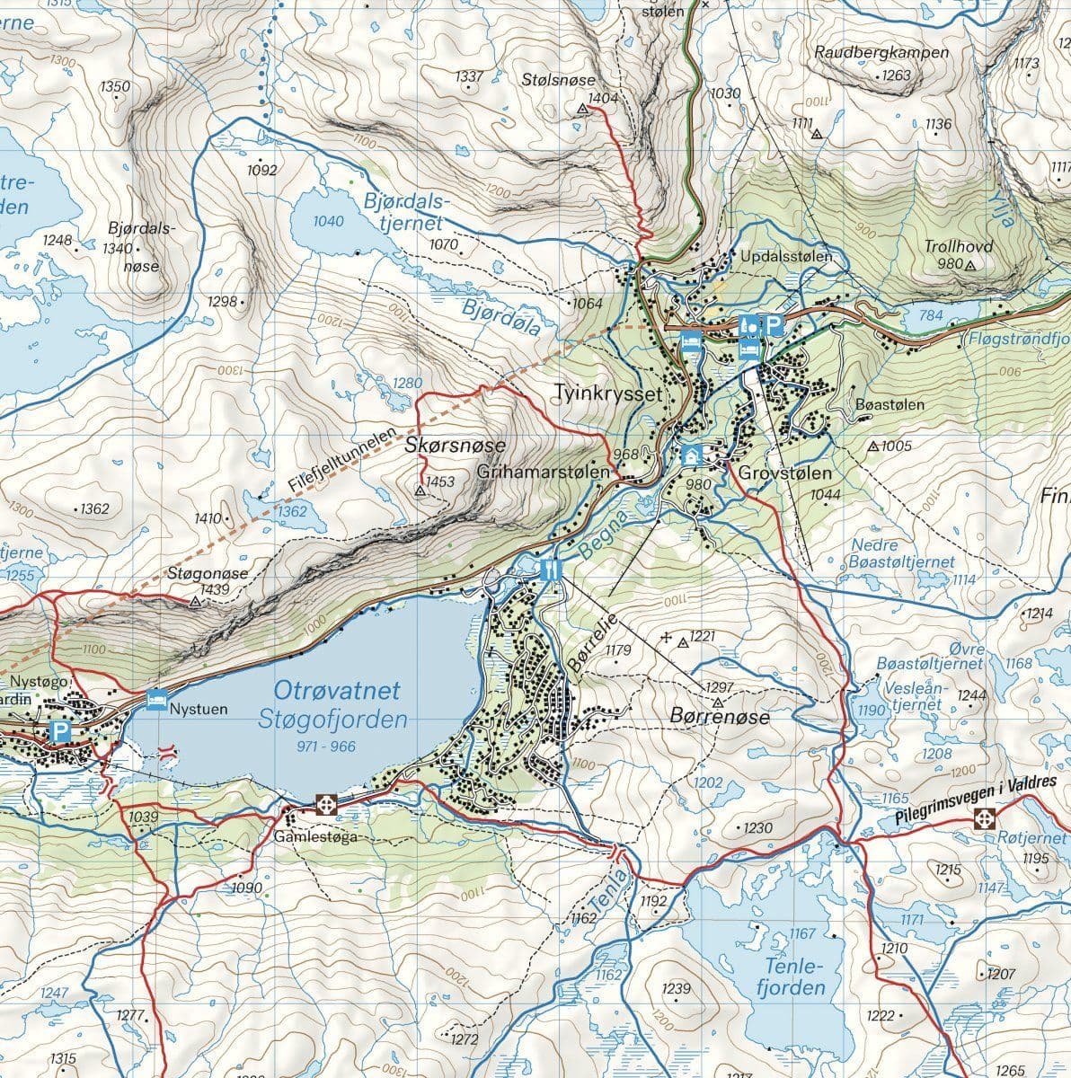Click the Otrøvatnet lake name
click(x=337, y=691)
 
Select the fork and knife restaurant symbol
click(x=551, y=569)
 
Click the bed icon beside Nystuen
click(x=156, y=698)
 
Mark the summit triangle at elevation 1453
click(x=419, y=490)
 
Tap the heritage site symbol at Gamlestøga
click(x=325, y=804)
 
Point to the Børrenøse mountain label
click(x=720, y=717)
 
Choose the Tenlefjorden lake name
click(x=791, y=977)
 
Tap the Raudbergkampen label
click(x=881, y=52)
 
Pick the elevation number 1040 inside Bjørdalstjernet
click(x=329, y=221)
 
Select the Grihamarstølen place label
click(x=544, y=472)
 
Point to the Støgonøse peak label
click(x=207, y=573)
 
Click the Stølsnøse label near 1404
click(x=553, y=81)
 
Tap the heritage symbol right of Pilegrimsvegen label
click(x=986, y=818)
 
